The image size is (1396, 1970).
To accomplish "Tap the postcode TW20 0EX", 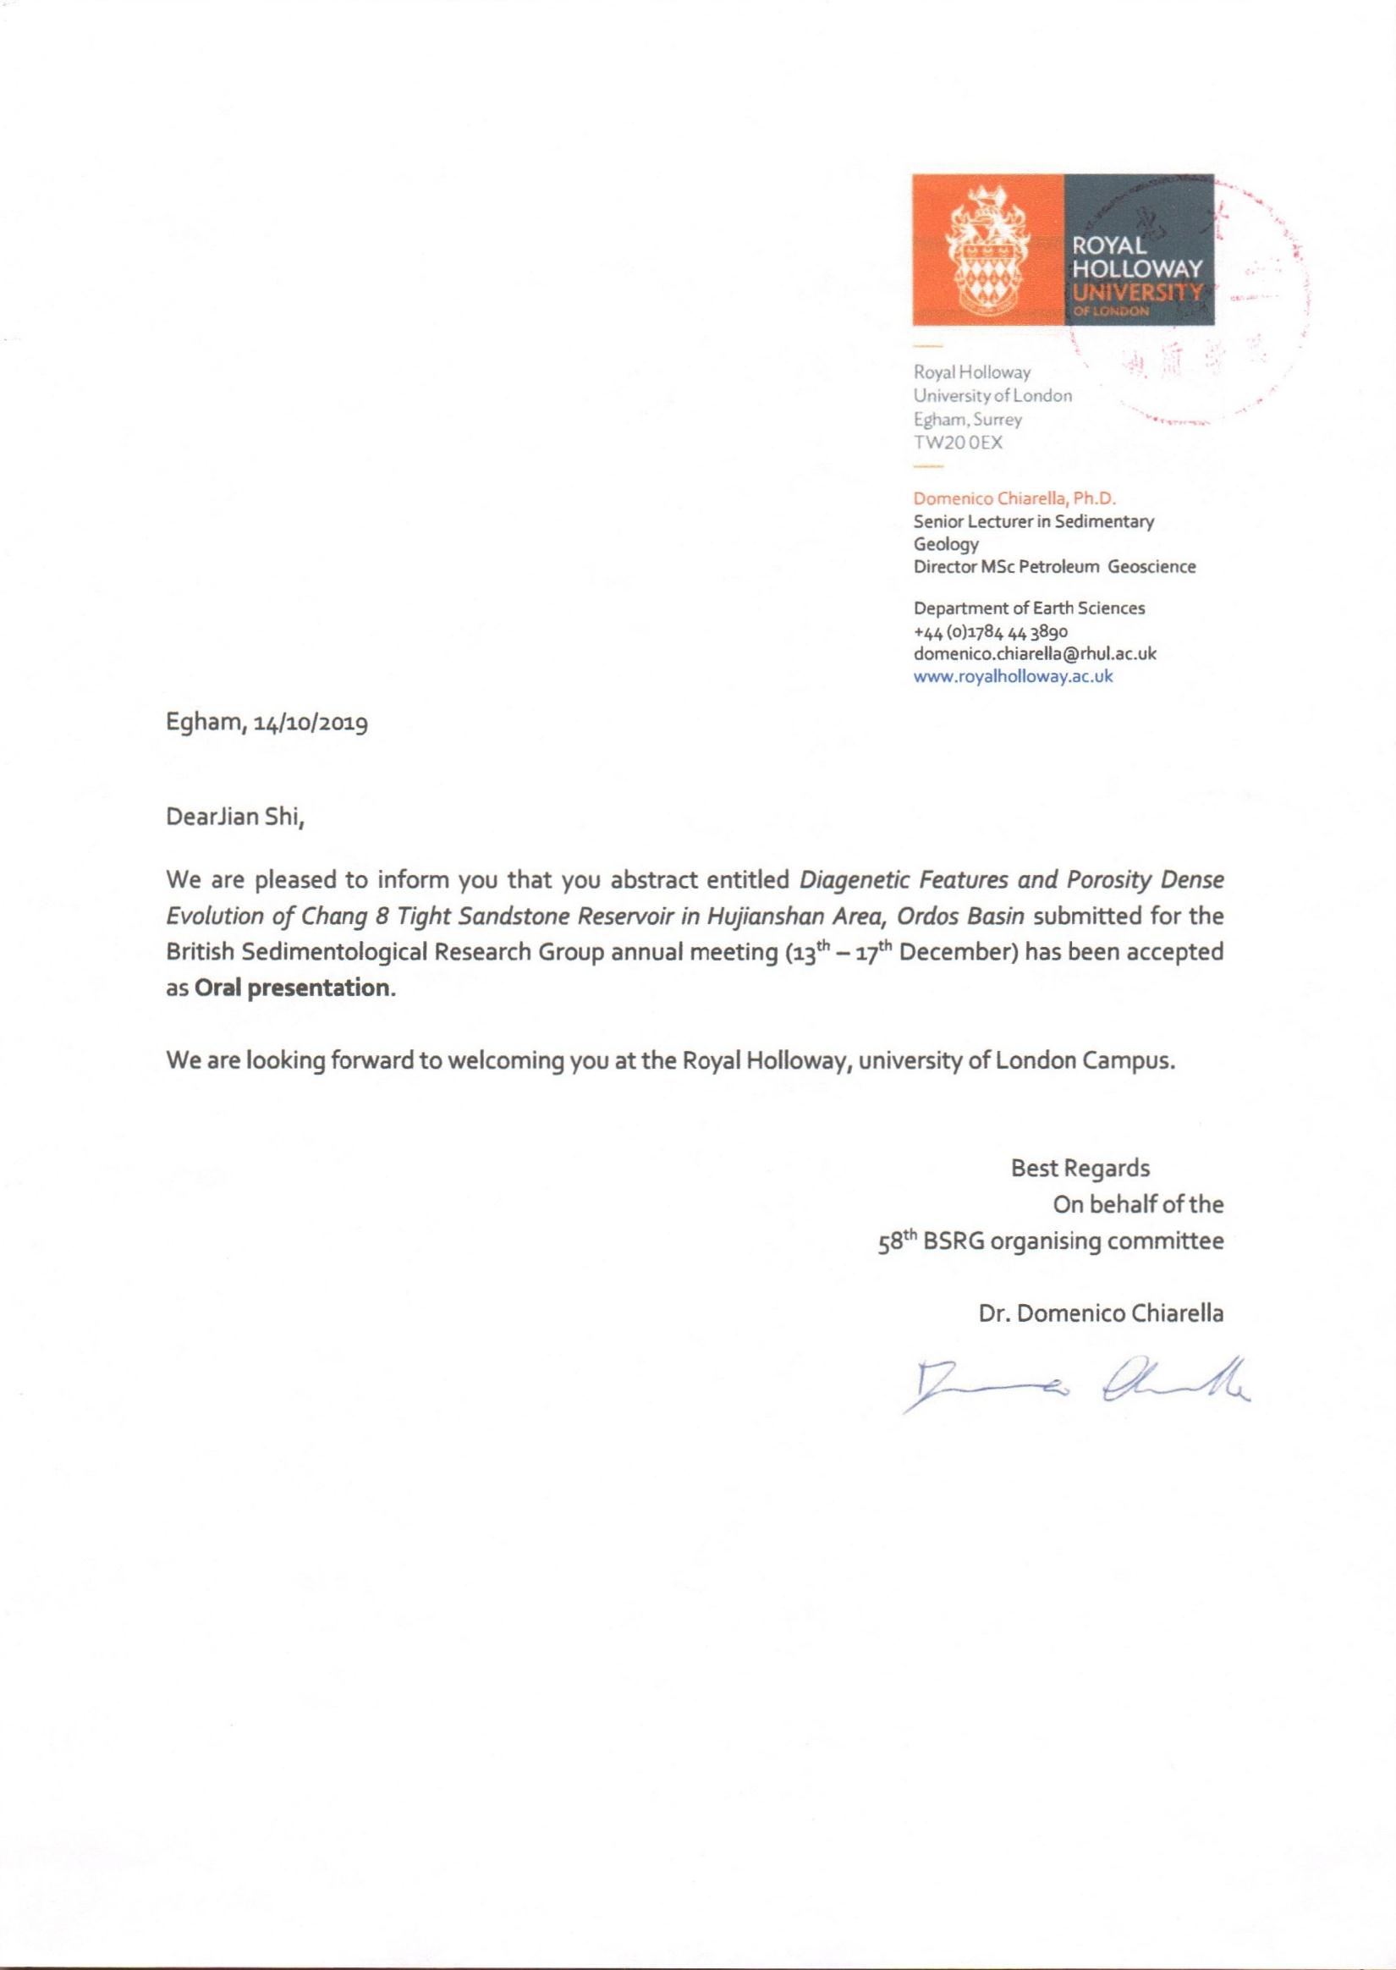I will coord(958,443).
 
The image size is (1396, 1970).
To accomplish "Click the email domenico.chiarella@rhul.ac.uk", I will coord(1034,653).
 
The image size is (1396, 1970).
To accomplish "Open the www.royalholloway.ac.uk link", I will coord(1013,676).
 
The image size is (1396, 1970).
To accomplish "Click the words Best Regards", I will coord(1080,1168).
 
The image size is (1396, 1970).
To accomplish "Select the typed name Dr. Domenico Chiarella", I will coord(1100,1313).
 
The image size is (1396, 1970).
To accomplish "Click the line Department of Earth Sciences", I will coord(1029,608).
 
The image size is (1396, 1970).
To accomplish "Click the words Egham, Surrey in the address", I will coord(967,421).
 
